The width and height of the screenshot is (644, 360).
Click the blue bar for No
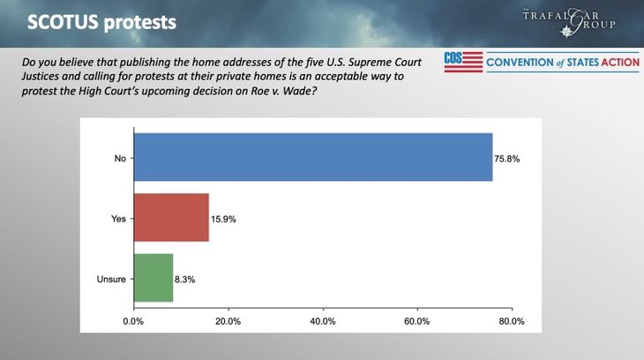[x=312, y=158]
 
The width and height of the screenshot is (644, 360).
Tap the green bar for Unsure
[x=153, y=279]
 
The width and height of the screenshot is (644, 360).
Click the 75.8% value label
[x=507, y=159]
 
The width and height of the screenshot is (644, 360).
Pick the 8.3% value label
[x=184, y=279]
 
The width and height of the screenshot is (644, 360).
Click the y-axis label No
[x=120, y=159]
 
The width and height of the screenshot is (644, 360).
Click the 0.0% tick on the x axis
[x=133, y=320]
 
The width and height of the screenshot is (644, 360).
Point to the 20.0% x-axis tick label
[x=228, y=320]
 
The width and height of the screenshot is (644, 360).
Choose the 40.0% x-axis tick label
[x=323, y=320]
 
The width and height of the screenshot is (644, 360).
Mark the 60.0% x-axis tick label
[x=417, y=320]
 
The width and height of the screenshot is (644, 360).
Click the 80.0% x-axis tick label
[x=512, y=320]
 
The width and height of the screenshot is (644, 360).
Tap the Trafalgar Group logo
[x=580, y=20]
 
